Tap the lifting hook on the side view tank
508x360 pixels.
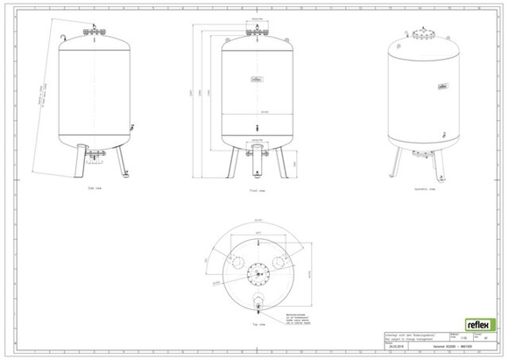point(64,39)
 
